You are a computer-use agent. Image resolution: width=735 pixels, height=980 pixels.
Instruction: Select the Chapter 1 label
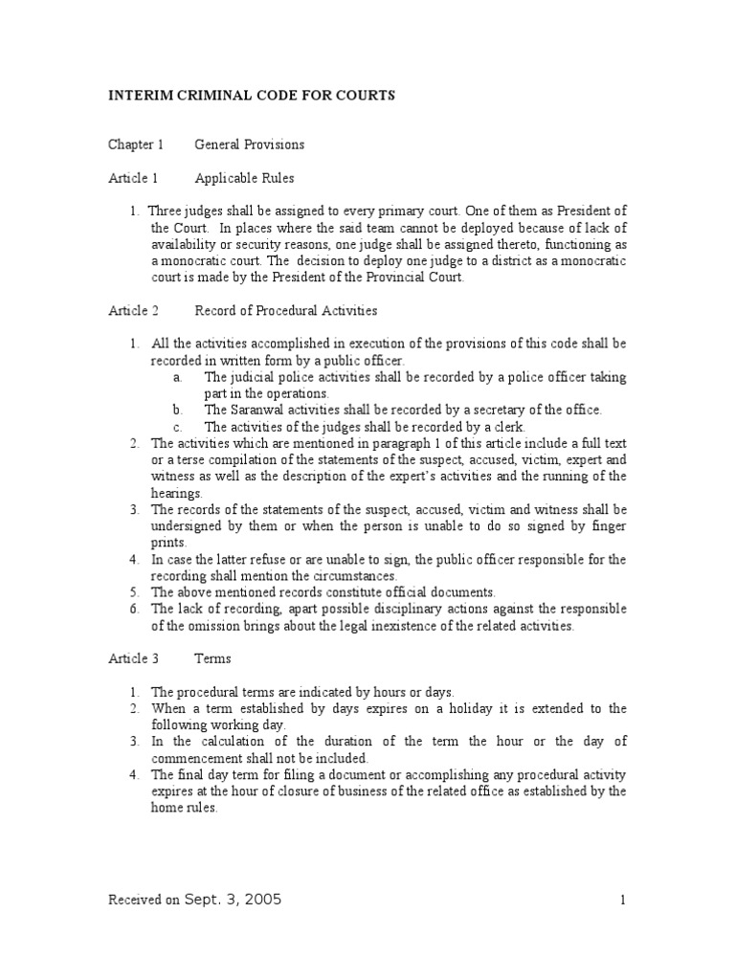pyautogui.click(x=135, y=145)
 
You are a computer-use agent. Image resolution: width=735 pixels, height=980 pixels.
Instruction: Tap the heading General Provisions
pyautogui.click(x=249, y=145)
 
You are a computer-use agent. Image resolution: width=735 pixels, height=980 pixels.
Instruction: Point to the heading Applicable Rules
pyautogui.click(x=244, y=178)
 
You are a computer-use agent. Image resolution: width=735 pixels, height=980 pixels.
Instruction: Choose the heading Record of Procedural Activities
pyautogui.click(x=286, y=310)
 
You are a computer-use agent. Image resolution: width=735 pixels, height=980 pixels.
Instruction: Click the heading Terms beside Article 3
pyautogui.click(x=212, y=658)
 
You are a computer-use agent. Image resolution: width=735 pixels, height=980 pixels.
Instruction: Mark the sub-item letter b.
pyautogui.click(x=178, y=410)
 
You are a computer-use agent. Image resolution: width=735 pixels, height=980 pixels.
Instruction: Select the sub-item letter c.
pyautogui.click(x=177, y=427)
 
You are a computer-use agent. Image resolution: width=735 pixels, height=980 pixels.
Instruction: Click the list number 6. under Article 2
pyautogui.click(x=135, y=609)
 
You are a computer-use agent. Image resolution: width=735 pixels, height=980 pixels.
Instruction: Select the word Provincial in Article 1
pyautogui.click(x=377, y=278)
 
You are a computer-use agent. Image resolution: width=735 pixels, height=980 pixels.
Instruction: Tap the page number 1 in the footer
pyautogui.click(x=622, y=900)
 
